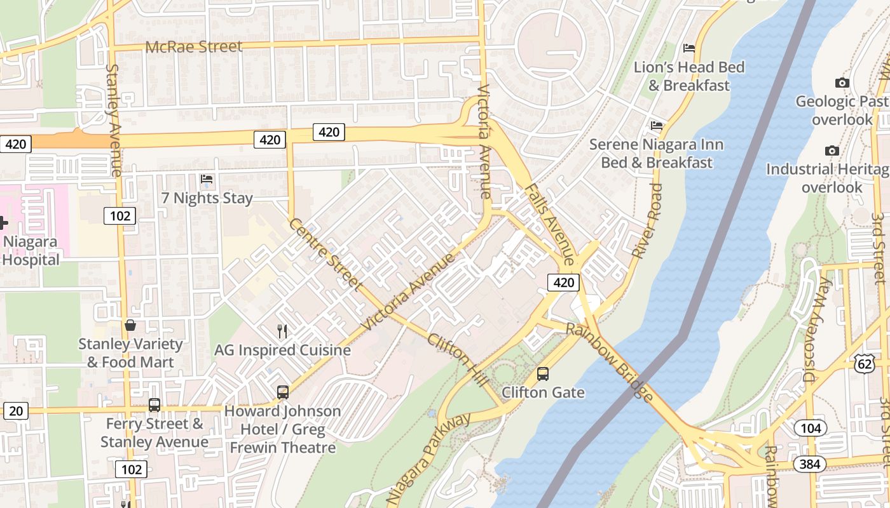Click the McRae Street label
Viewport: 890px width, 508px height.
click(194, 47)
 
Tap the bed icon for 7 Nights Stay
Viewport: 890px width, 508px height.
click(207, 180)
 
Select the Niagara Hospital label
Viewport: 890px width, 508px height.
click(31, 251)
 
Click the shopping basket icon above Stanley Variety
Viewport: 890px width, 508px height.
click(130, 326)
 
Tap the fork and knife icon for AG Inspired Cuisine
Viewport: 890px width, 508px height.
click(282, 331)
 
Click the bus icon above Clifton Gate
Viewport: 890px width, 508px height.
click(543, 374)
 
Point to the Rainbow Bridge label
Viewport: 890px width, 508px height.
click(609, 363)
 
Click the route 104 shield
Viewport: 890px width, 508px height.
click(811, 428)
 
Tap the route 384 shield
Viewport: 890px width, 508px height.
click(809, 464)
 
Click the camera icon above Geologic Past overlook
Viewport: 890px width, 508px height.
click(842, 83)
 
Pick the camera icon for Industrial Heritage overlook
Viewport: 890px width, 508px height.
click(832, 150)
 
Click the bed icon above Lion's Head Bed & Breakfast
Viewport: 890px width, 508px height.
click(689, 48)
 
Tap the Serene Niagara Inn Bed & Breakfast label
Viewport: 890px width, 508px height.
click(657, 153)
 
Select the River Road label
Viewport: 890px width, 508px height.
click(647, 220)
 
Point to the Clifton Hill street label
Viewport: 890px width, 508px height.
click(458, 359)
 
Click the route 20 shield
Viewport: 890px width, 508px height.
click(16, 411)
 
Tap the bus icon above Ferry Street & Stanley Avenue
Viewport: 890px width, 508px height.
click(154, 405)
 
